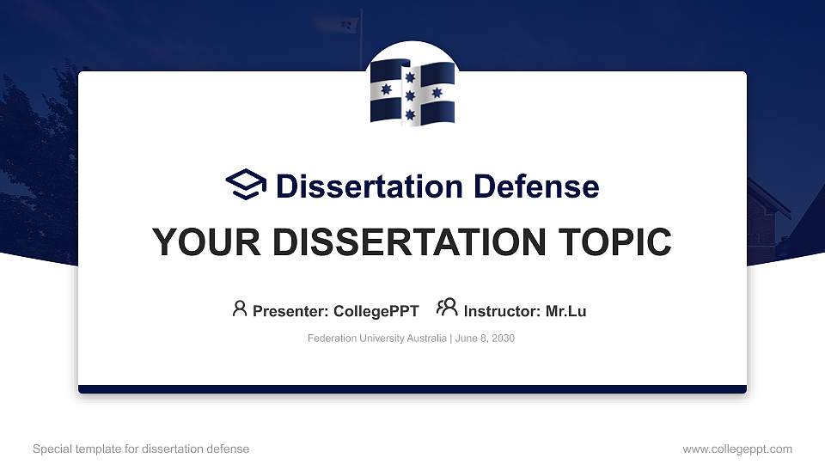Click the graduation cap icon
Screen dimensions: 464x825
(x=247, y=185)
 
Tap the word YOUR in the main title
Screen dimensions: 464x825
(x=203, y=242)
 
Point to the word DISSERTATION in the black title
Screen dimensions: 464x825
(x=406, y=242)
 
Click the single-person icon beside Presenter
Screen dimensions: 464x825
(x=240, y=308)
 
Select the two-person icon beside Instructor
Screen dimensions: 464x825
(x=447, y=308)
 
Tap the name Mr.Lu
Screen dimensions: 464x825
(x=565, y=311)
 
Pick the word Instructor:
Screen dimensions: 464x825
(x=502, y=311)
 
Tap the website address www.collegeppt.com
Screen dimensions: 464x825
(x=736, y=449)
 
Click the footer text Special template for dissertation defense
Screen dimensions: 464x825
(x=141, y=449)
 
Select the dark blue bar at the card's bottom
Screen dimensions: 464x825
(x=412, y=389)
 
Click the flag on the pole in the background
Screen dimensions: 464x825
(x=348, y=24)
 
